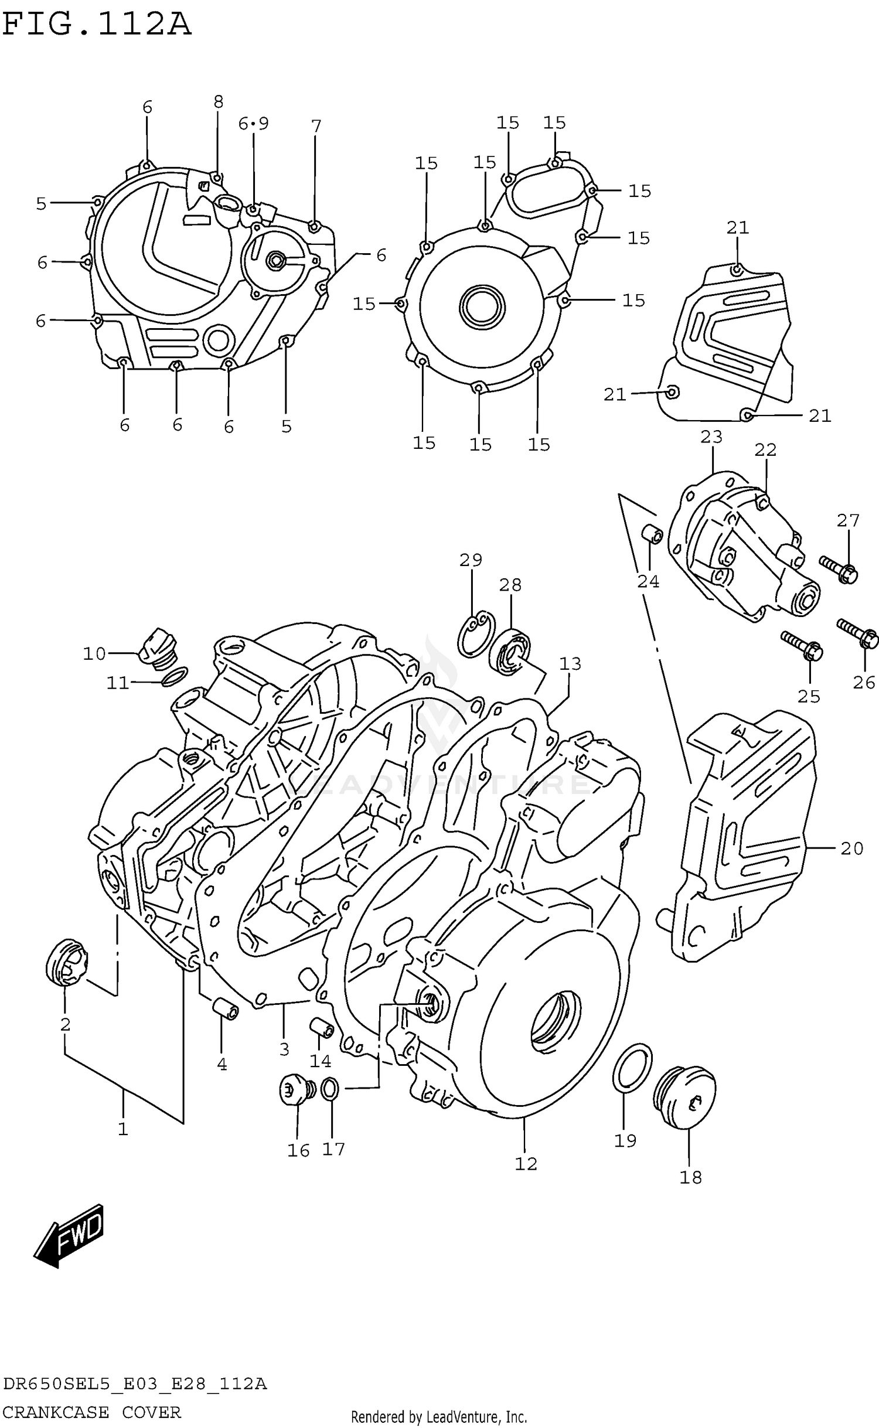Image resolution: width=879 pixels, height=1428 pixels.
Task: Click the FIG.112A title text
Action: [x=97, y=25]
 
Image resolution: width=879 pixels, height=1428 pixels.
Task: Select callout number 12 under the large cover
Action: [x=526, y=1164]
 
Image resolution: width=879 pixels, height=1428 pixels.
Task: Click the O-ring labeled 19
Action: [x=632, y=1068]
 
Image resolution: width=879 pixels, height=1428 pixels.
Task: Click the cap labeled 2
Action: [x=66, y=962]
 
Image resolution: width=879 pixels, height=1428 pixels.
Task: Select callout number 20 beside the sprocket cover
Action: [x=851, y=848]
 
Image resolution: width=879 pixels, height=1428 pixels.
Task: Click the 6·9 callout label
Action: [x=253, y=124]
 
